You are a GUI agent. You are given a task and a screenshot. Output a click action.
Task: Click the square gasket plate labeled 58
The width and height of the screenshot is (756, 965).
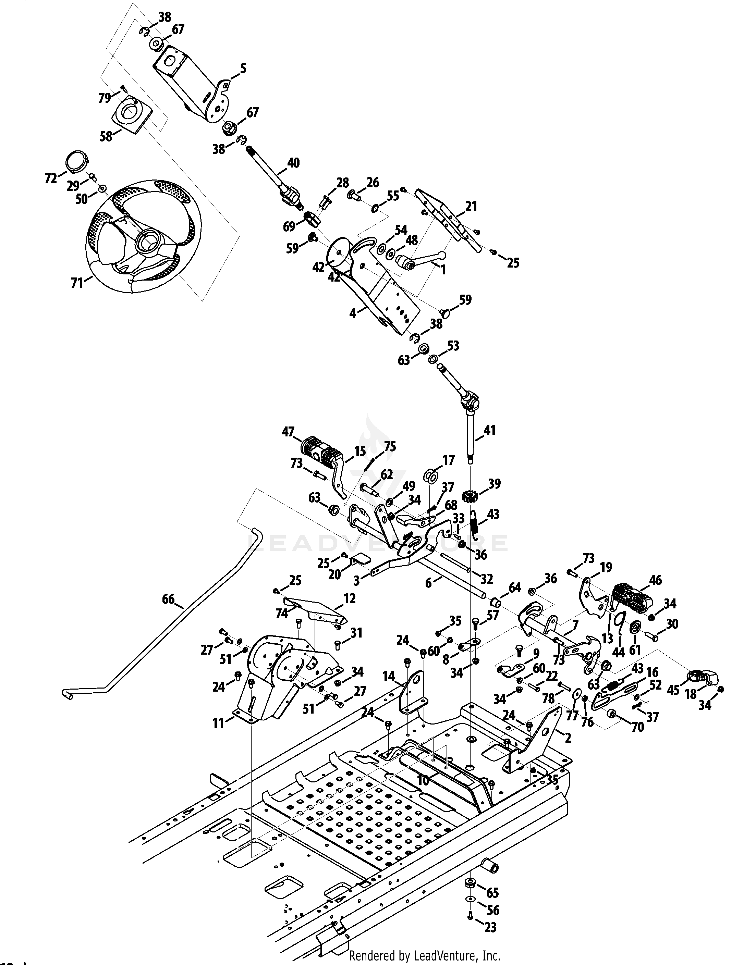tap(131, 113)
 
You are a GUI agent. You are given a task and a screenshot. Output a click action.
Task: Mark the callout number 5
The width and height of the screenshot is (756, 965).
tap(243, 69)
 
